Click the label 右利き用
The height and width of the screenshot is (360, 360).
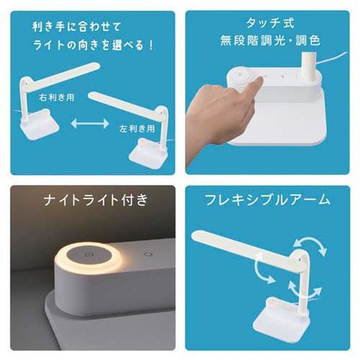(56, 97)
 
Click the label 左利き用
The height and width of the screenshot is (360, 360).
(136, 129)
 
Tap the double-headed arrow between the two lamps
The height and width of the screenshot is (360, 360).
(90, 124)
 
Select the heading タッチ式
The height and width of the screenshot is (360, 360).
(270, 23)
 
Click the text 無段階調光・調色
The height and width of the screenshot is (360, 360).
(270, 40)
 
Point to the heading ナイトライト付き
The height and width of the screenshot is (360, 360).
(96, 200)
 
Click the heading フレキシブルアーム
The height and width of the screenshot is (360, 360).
(268, 200)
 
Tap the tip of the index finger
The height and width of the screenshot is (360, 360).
(260, 79)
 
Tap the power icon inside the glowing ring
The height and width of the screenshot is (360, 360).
(88, 255)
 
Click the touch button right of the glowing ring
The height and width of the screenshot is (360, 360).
(148, 254)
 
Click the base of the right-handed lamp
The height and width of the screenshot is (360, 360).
(40, 124)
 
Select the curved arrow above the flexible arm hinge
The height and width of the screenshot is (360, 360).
(310, 245)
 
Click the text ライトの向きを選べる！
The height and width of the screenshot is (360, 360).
(93, 45)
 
